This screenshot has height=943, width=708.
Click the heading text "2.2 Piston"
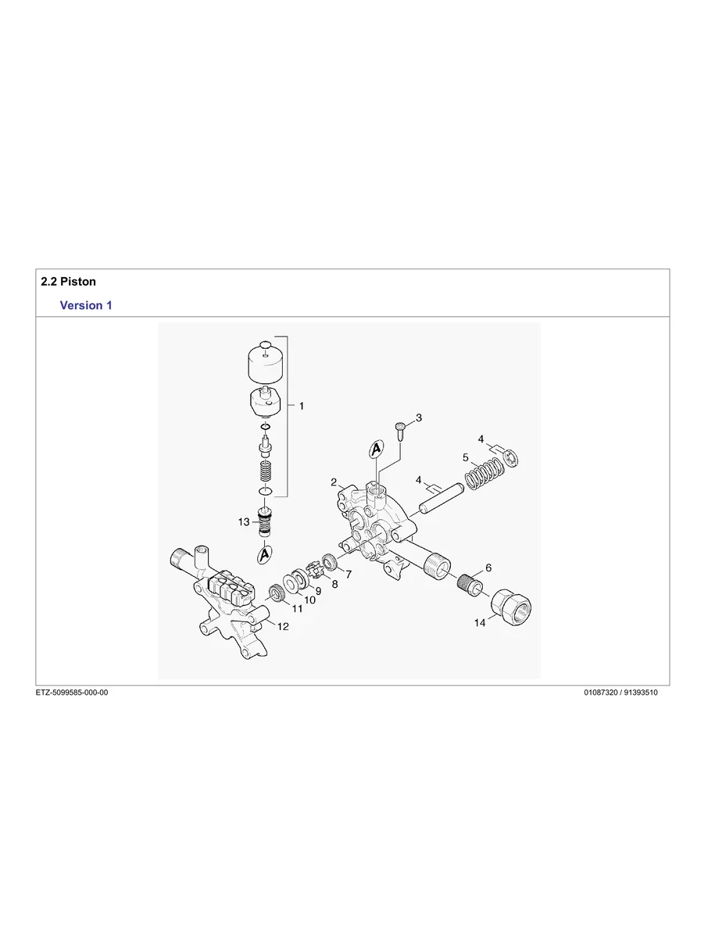pyautogui.click(x=68, y=281)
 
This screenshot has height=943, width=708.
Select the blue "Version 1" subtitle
pyautogui.click(x=86, y=305)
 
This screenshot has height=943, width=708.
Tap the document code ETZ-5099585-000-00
pyautogui.click(x=72, y=692)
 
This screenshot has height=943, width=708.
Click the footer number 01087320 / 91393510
pyautogui.click(x=620, y=692)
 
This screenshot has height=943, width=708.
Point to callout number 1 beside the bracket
pyautogui.click(x=302, y=407)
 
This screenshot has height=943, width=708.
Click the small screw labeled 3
pyautogui.click(x=399, y=429)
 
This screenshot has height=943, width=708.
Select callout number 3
pyautogui.click(x=419, y=418)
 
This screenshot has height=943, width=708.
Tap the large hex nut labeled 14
pyautogui.click(x=510, y=605)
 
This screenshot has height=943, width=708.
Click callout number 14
pyautogui.click(x=480, y=623)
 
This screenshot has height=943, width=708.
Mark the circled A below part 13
pyautogui.click(x=265, y=553)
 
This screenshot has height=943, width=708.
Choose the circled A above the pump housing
pyautogui.click(x=377, y=450)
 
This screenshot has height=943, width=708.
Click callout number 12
pyautogui.click(x=282, y=626)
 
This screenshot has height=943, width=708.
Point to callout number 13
pyautogui.click(x=245, y=521)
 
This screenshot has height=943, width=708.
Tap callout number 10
pyautogui.click(x=310, y=600)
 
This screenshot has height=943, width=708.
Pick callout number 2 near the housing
pyautogui.click(x=334, y=482)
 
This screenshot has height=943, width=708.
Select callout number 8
pyautogui.click(x=334, y=583)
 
